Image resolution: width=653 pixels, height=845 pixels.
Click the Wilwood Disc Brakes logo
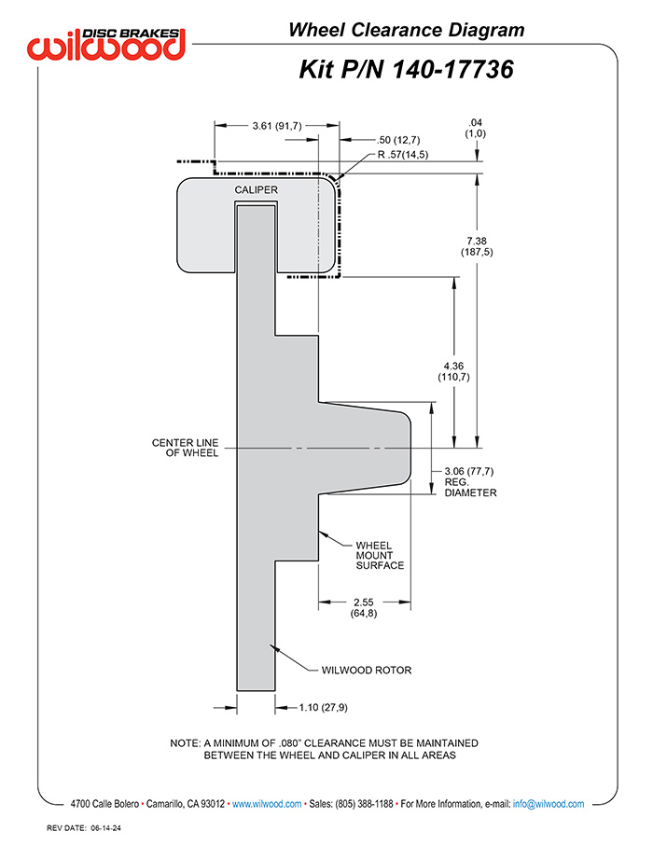pyautogui.click(x=106, y=44)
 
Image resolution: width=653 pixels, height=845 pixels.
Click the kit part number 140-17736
pyautogui.click(x=452, y=70)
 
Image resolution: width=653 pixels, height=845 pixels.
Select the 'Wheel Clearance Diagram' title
pyautogui.click(x=407, y=30)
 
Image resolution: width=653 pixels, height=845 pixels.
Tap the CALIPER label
pyautogui.click(x=257, y=189)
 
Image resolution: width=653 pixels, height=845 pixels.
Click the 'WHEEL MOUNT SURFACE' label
pyautogui.click(x=380, y=555)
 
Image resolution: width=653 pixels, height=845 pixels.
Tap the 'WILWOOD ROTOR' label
pyautogui.click(x=367, y=671)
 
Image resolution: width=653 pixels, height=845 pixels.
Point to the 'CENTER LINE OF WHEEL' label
pyautogui.click(x=185, y=448)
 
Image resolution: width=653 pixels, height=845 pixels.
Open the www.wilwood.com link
pyautogui.click(x=267, y=804)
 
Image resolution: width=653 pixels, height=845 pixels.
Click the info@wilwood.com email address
pyautogui.click(x=549, y=804)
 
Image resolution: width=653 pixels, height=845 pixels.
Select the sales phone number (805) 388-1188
pyautogui.click(x=364, y=804)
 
